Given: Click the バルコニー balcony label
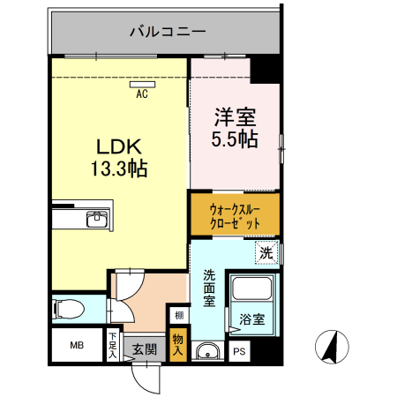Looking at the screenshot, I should point(167,32).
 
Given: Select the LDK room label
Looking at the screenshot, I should point(116,146).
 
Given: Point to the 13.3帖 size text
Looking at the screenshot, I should point(116,167).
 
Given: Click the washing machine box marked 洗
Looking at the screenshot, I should point(266,253).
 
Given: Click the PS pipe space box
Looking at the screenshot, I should point(239,351).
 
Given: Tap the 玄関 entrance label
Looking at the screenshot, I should point(144,348).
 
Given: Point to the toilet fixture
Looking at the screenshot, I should point(69,309).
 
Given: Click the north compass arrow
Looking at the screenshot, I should point(332,345).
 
